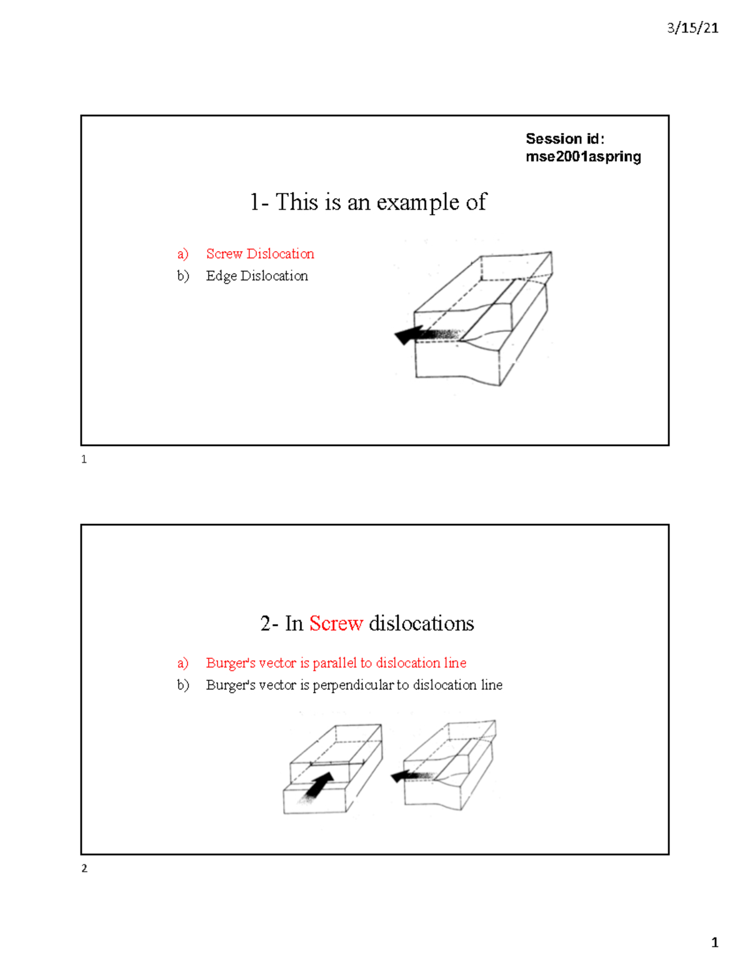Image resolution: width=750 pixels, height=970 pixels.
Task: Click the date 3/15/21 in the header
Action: (x=692, y=28)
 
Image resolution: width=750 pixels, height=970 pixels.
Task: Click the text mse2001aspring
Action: (x=583, y=157)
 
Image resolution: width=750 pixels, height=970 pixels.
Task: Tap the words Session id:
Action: (x=564, y=139)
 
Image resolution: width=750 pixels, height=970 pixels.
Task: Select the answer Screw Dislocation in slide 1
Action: (x=260, y=254)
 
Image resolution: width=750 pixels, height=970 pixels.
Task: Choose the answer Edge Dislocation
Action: (x=257, y=275)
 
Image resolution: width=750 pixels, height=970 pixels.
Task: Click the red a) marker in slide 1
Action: (x=182, y=254)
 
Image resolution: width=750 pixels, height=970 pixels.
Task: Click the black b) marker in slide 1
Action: (x=182, y=275)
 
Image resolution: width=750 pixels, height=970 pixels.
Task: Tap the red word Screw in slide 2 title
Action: (x=336, y=623)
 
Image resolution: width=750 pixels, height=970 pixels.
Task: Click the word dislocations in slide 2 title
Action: (x=421, y=623)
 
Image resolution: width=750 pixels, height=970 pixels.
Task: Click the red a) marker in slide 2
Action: (x=182, y=663)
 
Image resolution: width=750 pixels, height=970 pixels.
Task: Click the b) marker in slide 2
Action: (x=182, y=685)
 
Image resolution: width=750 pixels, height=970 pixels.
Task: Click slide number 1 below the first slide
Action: (x=84, y=460)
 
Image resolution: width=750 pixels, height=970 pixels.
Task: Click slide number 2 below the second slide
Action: (x=84, y=868)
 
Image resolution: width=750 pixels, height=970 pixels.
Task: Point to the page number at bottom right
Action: (x=714, y=943)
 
